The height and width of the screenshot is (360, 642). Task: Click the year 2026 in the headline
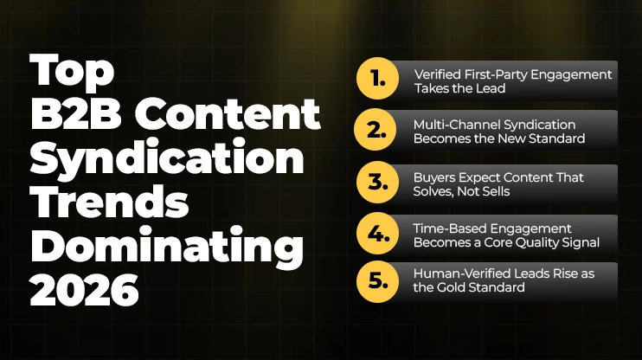pos(84,290)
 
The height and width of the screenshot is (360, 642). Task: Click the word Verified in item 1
pos(437,74)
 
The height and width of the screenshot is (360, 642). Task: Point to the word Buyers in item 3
pos(435,177)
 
